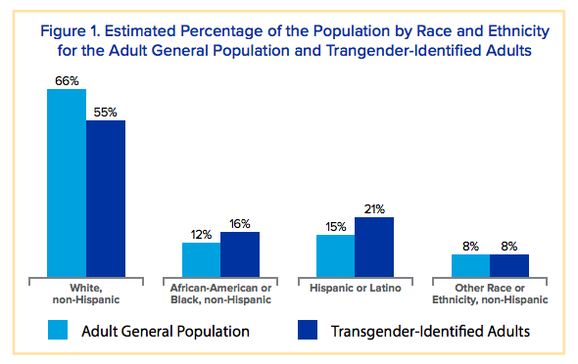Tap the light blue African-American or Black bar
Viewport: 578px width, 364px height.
pos(201,260)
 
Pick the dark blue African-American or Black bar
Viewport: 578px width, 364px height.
pos(240,254)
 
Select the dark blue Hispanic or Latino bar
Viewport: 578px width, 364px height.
pos(374,248)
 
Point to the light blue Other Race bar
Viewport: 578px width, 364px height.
pos(470,266)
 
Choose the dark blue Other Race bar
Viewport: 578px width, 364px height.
pos(509,266)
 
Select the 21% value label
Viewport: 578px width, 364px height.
pos(374,208)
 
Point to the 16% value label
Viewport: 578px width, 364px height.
pos(240,223)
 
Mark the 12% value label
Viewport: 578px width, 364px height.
pos(201,235)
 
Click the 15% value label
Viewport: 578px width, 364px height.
pos(335,226)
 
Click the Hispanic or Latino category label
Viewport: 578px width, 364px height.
pos(355,289)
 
